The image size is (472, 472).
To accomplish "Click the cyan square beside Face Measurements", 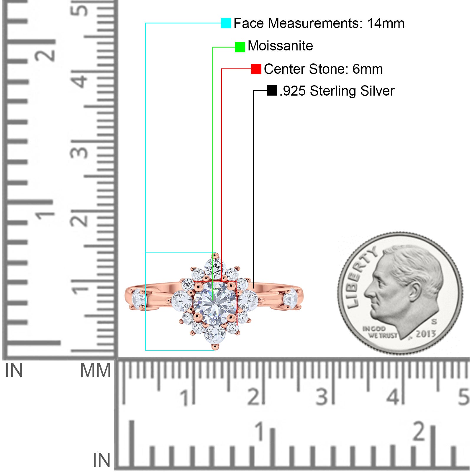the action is point(226,23).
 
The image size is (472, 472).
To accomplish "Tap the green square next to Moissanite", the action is point(240,47).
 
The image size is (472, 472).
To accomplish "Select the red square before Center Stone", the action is point(256,69).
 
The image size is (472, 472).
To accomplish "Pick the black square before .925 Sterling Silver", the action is point(272,91).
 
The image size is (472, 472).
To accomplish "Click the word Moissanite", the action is point(280,46).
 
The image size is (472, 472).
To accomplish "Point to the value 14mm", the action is point(386,23).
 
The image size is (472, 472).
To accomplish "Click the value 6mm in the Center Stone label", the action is point(368,69).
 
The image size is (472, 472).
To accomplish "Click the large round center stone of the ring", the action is point(215,303).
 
